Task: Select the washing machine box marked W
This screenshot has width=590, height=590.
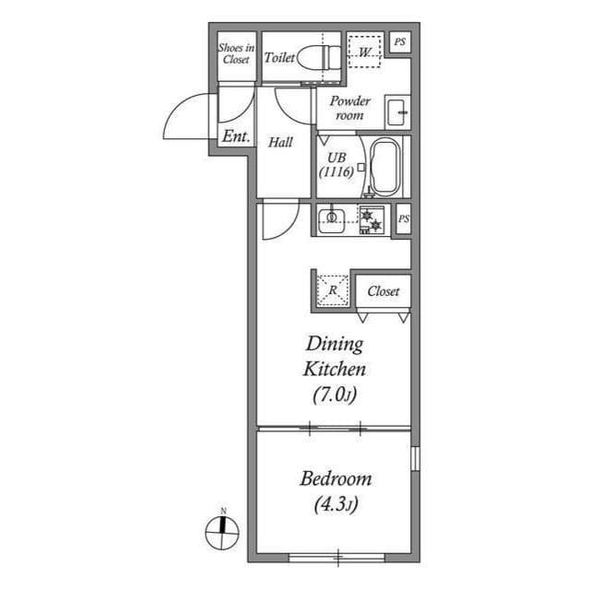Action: [x=366, y=53]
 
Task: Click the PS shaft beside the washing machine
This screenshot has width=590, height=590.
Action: [x=399, y=41]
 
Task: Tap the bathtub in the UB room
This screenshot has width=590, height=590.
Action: [x=385, y=167]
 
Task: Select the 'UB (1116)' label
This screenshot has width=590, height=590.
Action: [x=335, y=164]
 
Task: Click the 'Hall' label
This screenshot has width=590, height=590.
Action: [x=280, y=143]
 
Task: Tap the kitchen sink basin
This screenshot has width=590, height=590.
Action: [x=332, y=218]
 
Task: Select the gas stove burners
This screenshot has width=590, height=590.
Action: [x=371, y=219]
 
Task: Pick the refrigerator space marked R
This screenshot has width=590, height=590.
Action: [x=333, y=290]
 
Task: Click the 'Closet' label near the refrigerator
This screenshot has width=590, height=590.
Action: [x=383, y=291]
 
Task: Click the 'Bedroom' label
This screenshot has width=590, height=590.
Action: [x=336, y=479]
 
